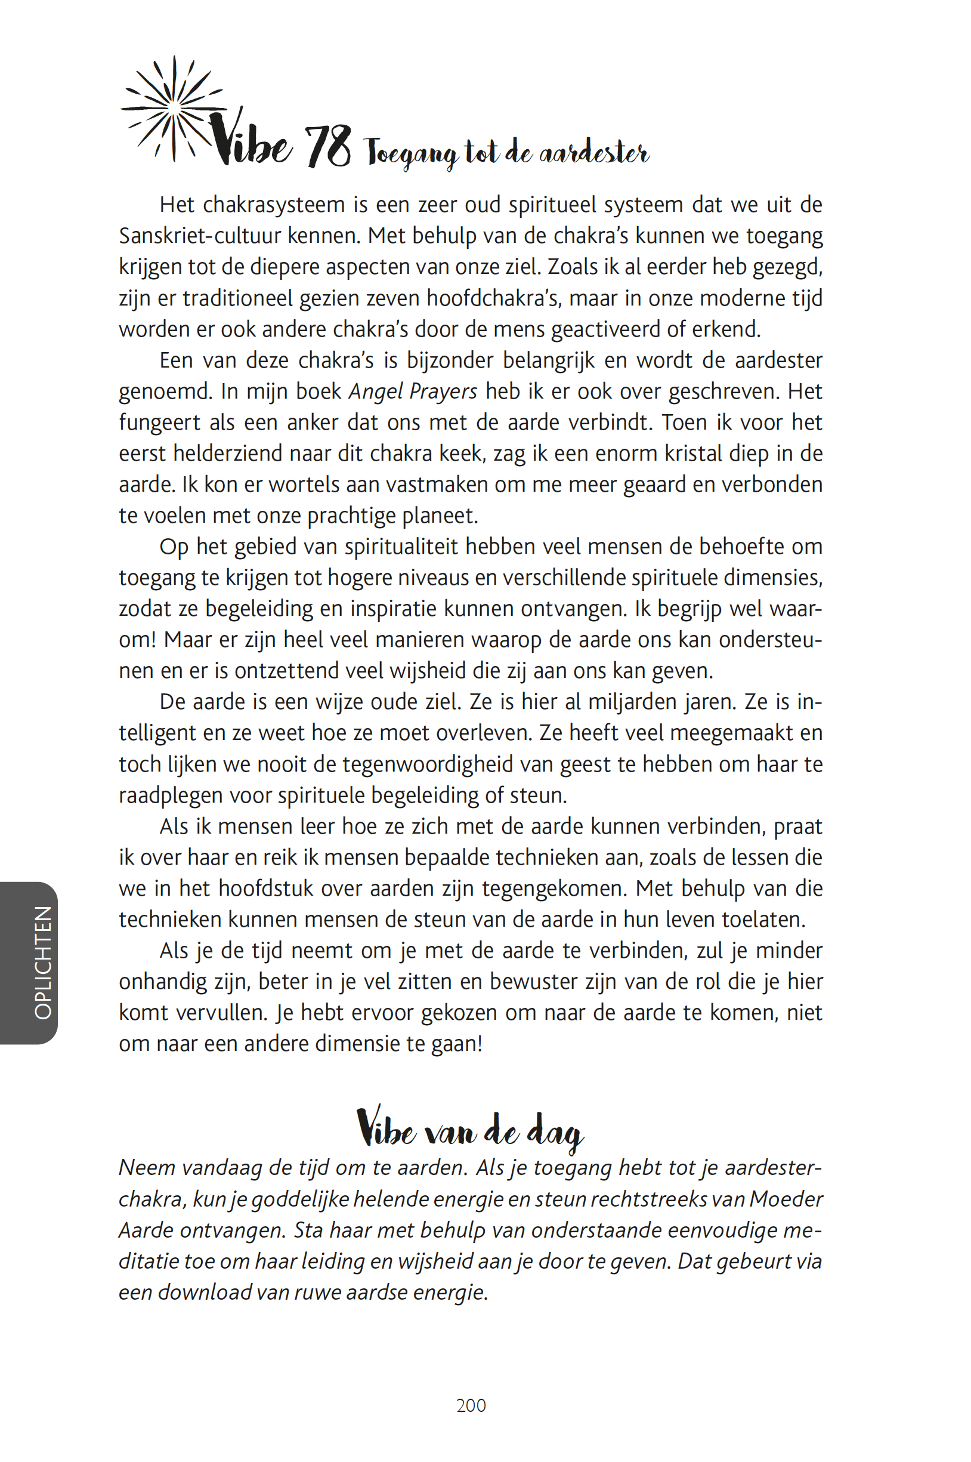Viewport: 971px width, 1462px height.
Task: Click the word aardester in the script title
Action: pyautogui.click(x=594, y=152)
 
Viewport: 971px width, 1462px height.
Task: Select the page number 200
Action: pyautogui.click(x=471, y=1405)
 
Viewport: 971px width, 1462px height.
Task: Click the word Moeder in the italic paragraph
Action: pyautogui.click(x=786, y=1199)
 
